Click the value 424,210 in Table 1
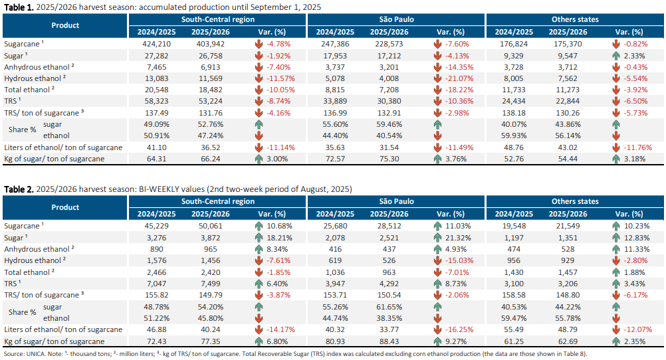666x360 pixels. pos(156,44)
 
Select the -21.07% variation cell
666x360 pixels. pos(459,78)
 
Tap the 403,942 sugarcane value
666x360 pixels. pos(211,44)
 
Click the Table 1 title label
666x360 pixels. pos(19,7)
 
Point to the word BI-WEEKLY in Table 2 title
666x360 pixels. pos(157,189)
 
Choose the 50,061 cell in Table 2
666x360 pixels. pos(211,226)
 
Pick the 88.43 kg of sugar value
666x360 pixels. pos(389,341)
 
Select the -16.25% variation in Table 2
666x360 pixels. pos(459,330)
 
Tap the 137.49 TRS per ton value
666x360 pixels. pos(156,113)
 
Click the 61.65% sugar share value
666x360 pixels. pos(389,307)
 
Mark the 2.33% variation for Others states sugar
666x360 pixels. pos(635,56)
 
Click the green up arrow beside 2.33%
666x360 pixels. pos(616,56)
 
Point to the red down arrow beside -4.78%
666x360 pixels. pos(259,44)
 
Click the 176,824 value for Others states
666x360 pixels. pos(514,44)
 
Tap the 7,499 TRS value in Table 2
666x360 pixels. pos(211,284)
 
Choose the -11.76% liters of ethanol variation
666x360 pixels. pos(638,147)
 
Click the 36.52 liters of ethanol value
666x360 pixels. pos(211,147)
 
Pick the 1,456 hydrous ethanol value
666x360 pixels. pos(211,260)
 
